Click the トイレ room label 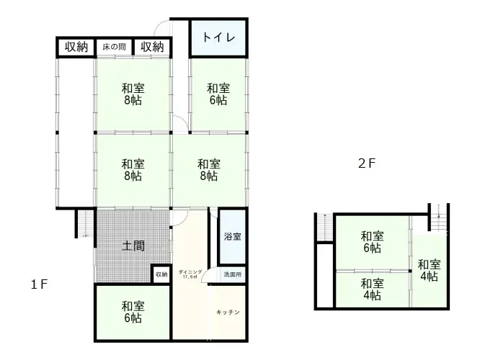pyautogui.click(x=218, y=38)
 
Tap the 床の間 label pyautogui.click(x=113, y=48)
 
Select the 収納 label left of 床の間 pyautogui.click(x=76, y=48)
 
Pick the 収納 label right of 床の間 pyautogui.click(x=152, y=48)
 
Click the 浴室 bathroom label pyautogui.click(x=232, y=236)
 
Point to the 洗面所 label pyautogui.click(x=232, y=274)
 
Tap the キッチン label pyautogui.click(x=228, y=312)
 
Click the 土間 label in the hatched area pyautogui.click(x=133, y=246)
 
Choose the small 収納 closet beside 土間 pyautogui.click(x=161, y=274)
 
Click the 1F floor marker pyautogui.click(x=39, y=284)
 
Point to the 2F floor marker pyautogui.click(x=367, y=163)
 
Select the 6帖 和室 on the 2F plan pyautogui.click(x=372, y=242)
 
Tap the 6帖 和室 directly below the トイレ pyautogui.click(x=218, y=94)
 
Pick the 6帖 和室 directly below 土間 pyautogui.click(x=133, y=311)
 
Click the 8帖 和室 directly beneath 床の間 pyautogui.click(x=133, y=94)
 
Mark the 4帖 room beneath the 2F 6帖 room pyautogui.click(x=372, y=288)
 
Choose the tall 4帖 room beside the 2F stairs pyautogui.click(x=428, y=270)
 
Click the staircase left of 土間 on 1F pyautogui.click(x=85, y=223)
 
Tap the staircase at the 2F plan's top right pyautogui.click(x=439, y=216)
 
